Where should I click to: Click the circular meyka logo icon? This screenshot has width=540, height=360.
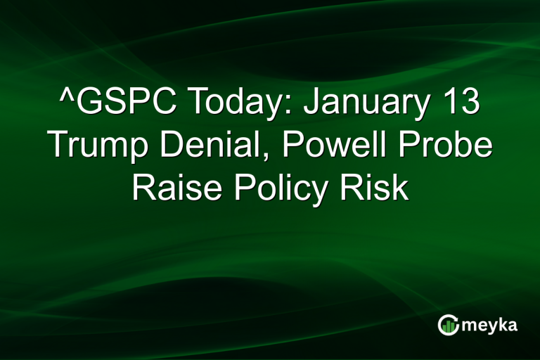449,324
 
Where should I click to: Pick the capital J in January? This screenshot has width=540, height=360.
314,105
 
